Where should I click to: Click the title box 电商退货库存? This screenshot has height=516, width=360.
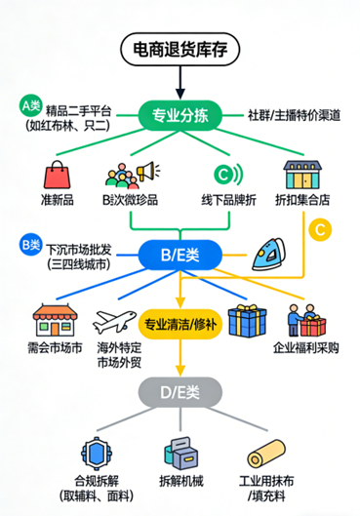180,49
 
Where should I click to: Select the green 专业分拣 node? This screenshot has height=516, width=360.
180,116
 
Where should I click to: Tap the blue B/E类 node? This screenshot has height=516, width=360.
180,256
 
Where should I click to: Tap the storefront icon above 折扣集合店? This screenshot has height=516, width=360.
302,175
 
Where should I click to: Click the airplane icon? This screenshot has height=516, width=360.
113,321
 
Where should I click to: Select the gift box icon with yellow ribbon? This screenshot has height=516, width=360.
247,320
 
